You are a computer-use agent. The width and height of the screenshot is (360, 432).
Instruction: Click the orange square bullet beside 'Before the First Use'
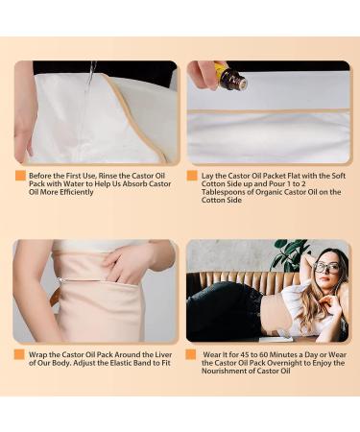click(x=19, y=177)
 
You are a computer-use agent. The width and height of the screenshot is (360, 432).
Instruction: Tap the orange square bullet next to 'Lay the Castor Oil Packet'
click(x=192, y=177)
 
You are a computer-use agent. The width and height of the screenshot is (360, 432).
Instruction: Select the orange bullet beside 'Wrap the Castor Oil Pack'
click(x=19, y=354)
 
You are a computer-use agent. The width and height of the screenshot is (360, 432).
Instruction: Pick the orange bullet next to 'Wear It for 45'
click(x=192, y=354)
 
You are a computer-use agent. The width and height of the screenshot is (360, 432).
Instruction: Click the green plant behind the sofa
click(x=288, y=255)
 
